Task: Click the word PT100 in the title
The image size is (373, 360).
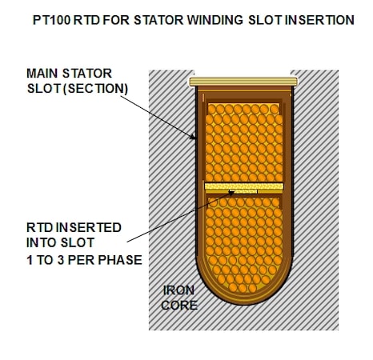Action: coord(52,20)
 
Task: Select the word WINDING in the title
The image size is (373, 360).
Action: coord(215,20)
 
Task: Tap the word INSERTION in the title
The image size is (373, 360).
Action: coord(319,20)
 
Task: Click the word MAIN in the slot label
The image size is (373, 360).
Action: coord(42,74)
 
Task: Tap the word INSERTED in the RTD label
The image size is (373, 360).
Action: coord(89,227)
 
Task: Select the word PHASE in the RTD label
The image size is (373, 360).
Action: coord(120,260)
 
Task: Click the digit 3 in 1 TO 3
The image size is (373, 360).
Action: coord(61,260)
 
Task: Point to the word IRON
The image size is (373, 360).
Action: coord(178,290)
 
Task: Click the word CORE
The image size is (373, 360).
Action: coord(179,305)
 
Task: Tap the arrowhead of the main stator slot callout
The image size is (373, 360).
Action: coord(193,137)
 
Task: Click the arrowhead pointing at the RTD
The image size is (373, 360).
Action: coord(231,193)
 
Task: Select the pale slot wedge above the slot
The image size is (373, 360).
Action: coord(243,82)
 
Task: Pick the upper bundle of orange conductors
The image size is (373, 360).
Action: coord(244,142)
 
